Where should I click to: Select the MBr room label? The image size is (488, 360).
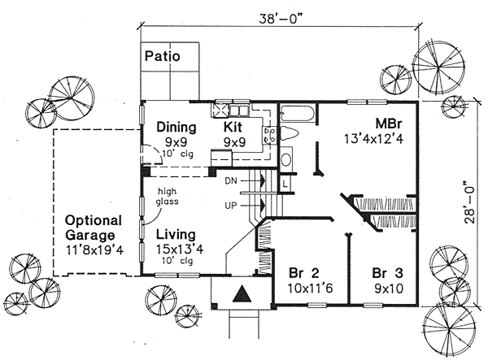tap(386, 124)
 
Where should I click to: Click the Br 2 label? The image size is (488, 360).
tap(303, 272)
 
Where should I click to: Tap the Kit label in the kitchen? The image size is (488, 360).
tap(235, 127)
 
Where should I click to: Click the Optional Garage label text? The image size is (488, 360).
tap(94, 228)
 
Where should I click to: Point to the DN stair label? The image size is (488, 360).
tap(230, 181)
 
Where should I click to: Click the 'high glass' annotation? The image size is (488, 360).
tap(171, 197)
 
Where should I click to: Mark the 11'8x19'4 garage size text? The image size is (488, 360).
tap(94, 249)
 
